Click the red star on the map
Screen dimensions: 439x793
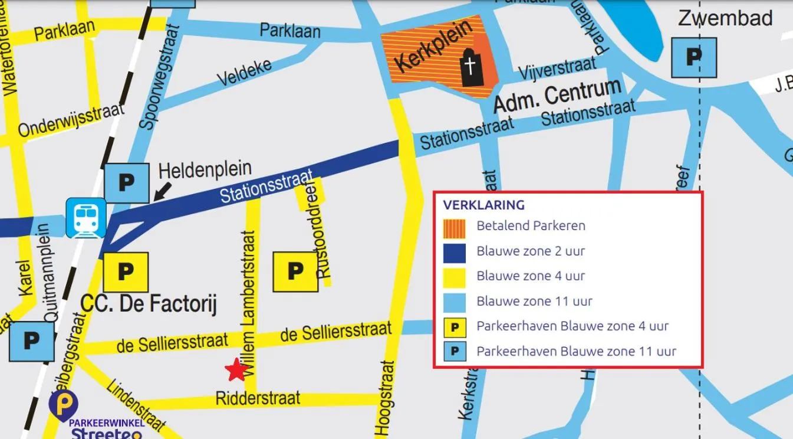[x=236, y=370]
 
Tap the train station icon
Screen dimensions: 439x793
[x=86, y=218]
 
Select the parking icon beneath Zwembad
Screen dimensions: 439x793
[x=694, y=57]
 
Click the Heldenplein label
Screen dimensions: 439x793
[x=205, y=169]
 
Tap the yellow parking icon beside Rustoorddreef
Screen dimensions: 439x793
[x=295, y=271]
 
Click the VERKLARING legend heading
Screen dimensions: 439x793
[x=483, y=205]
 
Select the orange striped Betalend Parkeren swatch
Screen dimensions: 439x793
[x=455, y=226]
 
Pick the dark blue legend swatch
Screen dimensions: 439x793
[x=455, y=251]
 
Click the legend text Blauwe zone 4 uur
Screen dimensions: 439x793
[x=531, y=276]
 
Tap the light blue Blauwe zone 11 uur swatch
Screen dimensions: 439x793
[x=455, y=302]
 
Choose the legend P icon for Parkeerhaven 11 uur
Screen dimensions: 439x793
[x=455, y=352]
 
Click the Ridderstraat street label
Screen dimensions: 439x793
[x=258, y=398]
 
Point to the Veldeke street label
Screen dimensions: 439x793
[x=245, y=71]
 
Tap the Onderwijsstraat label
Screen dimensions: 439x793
[x=71, y=119]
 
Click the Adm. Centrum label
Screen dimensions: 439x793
[x=557, y=95]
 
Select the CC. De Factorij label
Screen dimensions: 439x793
[x=149, y=304]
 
